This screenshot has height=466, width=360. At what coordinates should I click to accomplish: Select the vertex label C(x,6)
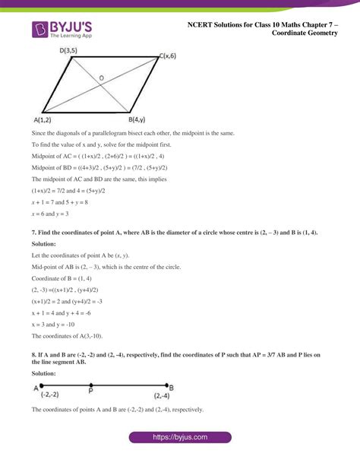(x=171, y=56)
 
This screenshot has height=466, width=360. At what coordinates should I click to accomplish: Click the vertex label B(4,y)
(x=138, y=119)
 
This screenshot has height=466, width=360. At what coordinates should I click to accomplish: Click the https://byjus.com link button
(x=180, y=438)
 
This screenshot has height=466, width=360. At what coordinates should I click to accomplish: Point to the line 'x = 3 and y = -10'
(x=58, y=324)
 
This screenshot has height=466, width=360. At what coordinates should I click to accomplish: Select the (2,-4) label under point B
(x=162, y=395)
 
